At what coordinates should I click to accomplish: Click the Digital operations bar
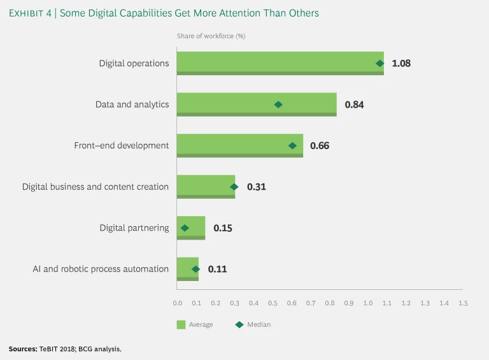[x=280, y=63]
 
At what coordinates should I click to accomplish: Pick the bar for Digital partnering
[x=191, y=227]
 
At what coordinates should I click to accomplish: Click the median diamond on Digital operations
[x=380, y=63]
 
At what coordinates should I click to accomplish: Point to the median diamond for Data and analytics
[x=278, y=104]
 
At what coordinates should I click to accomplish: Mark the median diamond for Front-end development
[x=293, y=145]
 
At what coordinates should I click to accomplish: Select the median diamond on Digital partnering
[x=185, y=227]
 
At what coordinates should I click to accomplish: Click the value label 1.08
[x=401, y=64]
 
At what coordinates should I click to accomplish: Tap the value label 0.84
[x=354, y=104]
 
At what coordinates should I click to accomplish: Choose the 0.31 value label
[x=257, y=187]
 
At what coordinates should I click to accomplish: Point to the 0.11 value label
[x=217, y=269]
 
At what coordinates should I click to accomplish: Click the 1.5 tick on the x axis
[x=463, y=303]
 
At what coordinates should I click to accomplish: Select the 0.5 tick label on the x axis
[x=272, y=303]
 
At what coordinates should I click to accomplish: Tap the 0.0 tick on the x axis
[x=177, y=303]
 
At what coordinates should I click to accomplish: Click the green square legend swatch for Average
[x=181, y=325]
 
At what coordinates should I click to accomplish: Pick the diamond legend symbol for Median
[x=239, y=324]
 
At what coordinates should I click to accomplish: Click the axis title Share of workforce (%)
[x=211, y=36]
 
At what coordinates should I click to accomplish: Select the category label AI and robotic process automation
[x=101, y=269]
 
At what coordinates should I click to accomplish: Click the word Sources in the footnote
[x=23, y=349]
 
